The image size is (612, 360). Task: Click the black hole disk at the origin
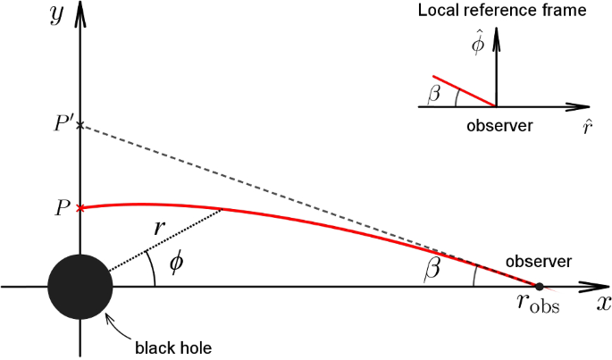pyautogui.click(x=80, y=286)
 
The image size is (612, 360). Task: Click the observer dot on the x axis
pyautogui.click(x=539, y=286)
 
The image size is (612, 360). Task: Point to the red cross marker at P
pyautogui.click(x=80, y=208)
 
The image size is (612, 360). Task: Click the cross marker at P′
pyautogui.click(x=80, y=125)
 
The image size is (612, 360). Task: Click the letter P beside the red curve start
pyautogui.click(x=62, y=208)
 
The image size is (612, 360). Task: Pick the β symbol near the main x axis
pyautogui.click(x=432, y=269)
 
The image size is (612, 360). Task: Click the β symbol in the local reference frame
pyautogui.click(x=434, y=91)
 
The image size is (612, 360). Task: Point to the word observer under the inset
pyautogui.click(x=499, y=126)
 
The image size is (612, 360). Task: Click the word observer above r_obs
pyautogui.click(x=539, y=262)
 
